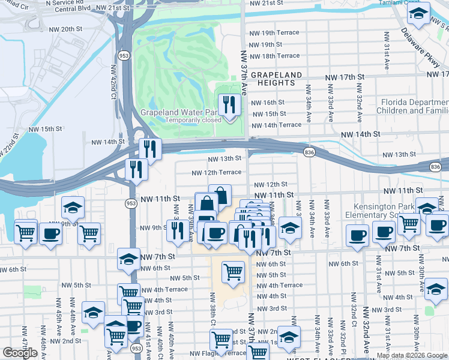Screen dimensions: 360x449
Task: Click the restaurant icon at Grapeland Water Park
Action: tap(228, 106)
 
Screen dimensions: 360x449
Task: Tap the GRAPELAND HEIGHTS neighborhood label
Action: tap(276, 79)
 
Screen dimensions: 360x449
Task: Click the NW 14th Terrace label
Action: tap(276, 125)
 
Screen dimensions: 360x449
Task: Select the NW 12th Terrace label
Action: tap(216, 173)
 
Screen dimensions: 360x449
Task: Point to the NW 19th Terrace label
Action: tap(274, 34)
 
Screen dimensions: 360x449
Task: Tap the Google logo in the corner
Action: tap(20, 353)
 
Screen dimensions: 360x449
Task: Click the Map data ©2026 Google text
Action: tap(411, 355)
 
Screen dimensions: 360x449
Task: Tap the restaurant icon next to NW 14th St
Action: tap(149, 148)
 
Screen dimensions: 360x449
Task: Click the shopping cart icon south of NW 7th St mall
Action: tap(233, 272)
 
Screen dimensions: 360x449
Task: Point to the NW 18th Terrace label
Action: tap(274, 56)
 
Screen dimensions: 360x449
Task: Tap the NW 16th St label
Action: tap(268, 103)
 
